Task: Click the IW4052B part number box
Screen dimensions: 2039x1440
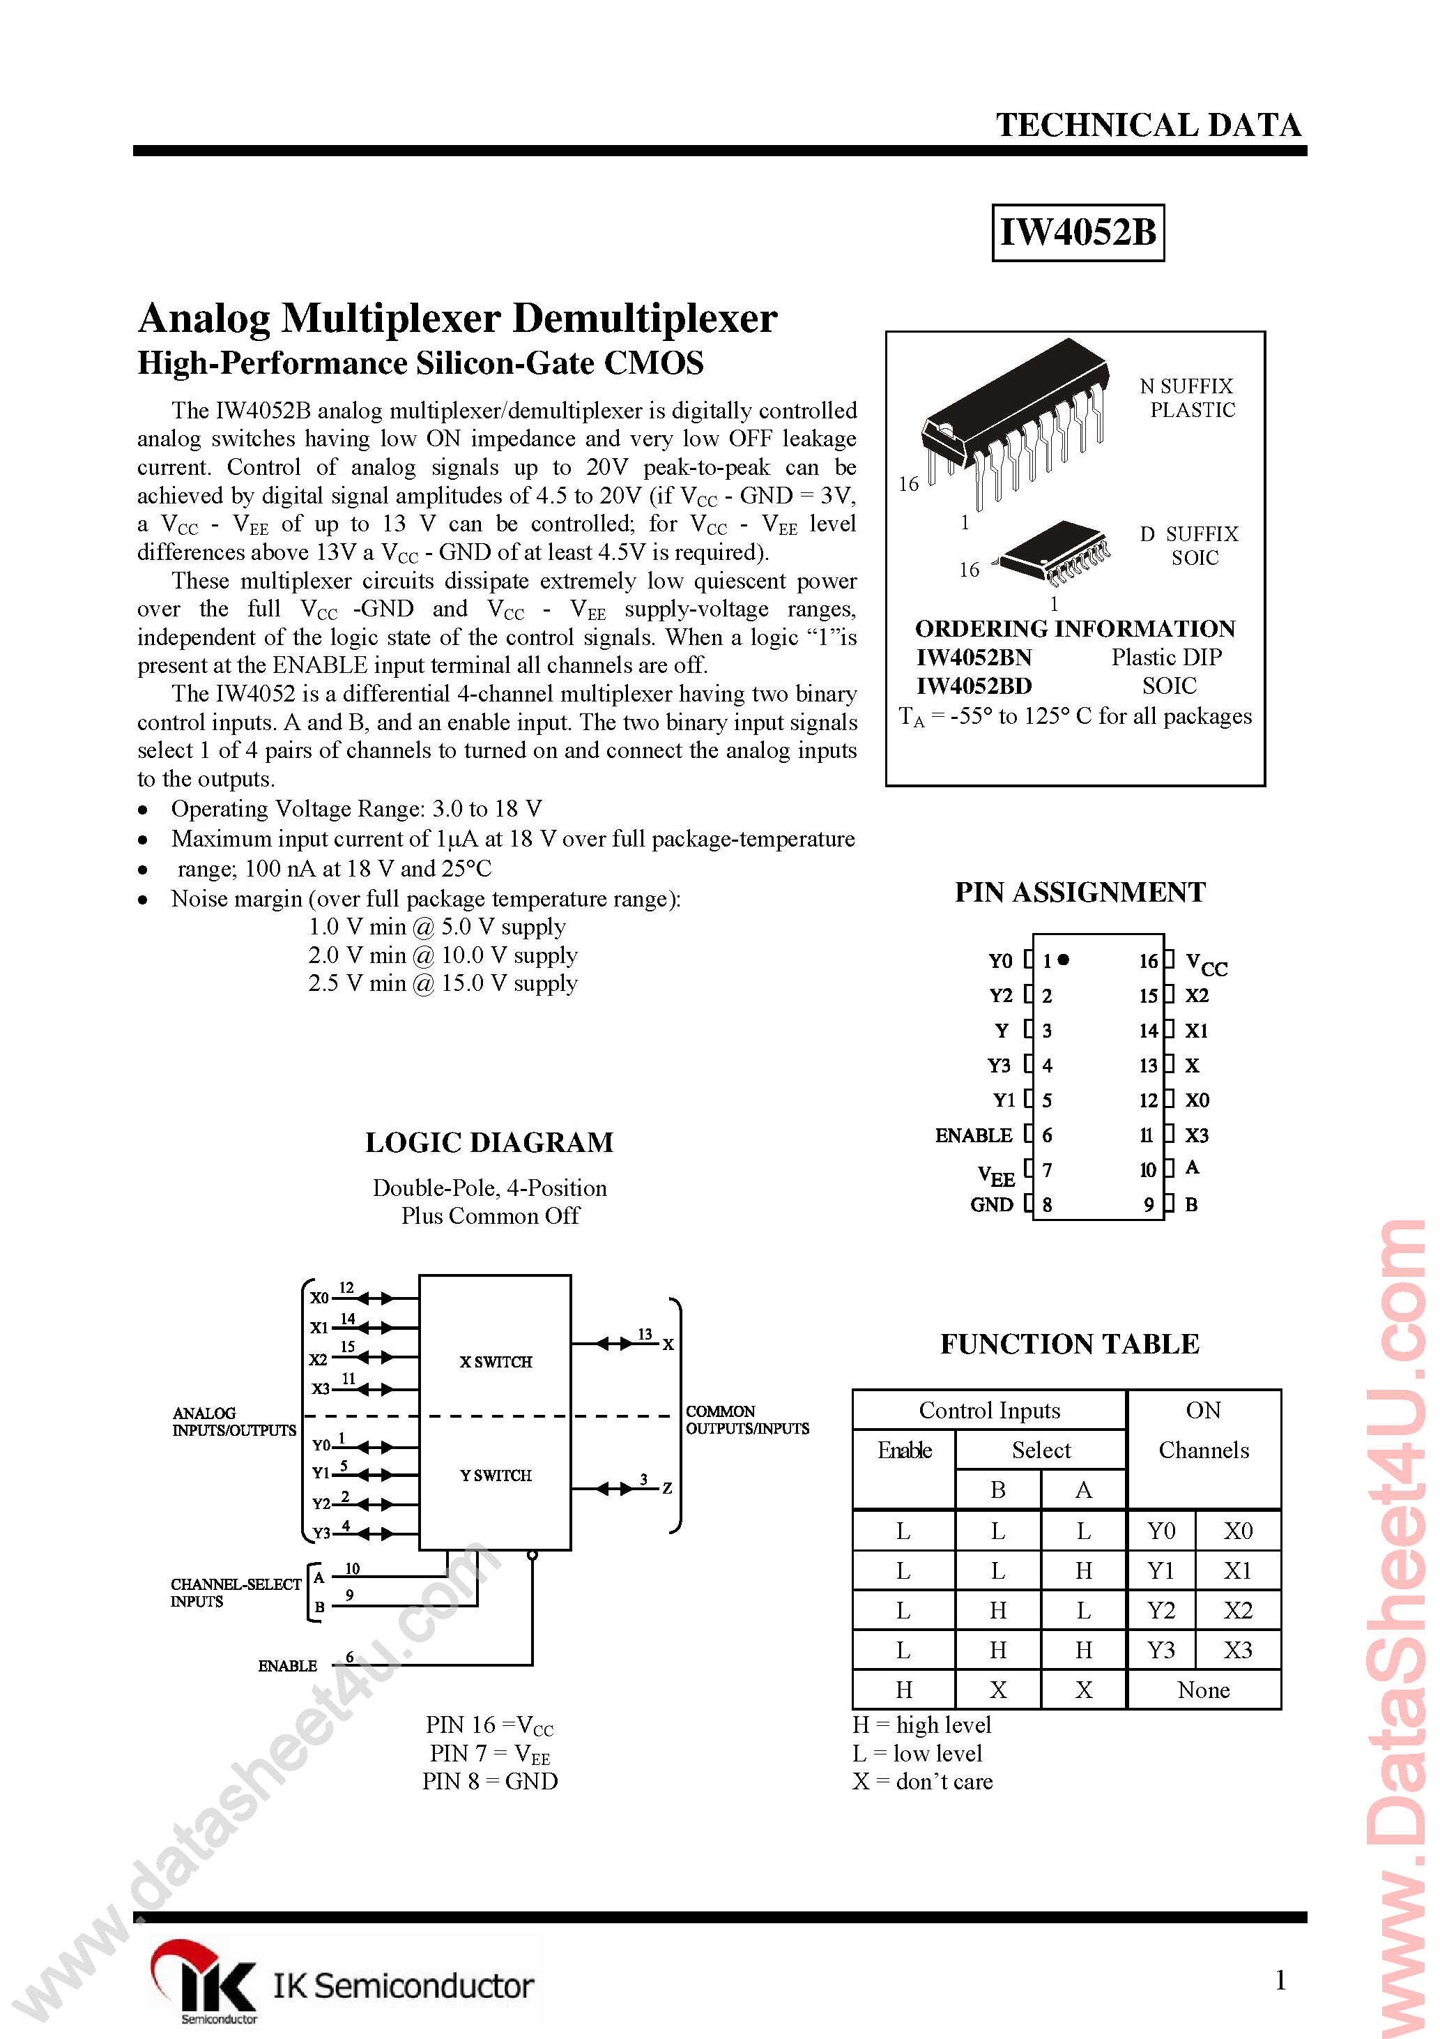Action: click(x=1077, y=233)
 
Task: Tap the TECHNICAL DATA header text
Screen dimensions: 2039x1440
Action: click(x=1148, y=126)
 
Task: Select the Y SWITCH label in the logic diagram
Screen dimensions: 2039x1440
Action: click(x=496, y=1475)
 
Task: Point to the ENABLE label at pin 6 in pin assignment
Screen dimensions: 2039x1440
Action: click(x=973, y=1136)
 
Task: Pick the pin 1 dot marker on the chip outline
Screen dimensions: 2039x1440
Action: click(x=1064, y=960)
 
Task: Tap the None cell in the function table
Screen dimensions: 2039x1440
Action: click(x=1203, y=1690)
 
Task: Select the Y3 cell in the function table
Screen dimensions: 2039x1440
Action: click(x=1161, y=1650)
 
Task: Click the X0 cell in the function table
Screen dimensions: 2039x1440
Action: click(x=1238, y=1531)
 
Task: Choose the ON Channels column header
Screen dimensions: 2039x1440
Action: click(x=1203, y=1430)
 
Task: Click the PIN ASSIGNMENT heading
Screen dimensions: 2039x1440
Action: click(x=1080, y=893)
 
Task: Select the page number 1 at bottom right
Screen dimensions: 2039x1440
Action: click(x=1279, y=1980)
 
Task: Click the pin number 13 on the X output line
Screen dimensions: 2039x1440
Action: click(x=645, y=1334)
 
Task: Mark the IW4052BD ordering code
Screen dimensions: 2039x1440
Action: click(x=974, y=686)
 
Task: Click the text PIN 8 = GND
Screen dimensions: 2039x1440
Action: click(x=490, y=1782)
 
